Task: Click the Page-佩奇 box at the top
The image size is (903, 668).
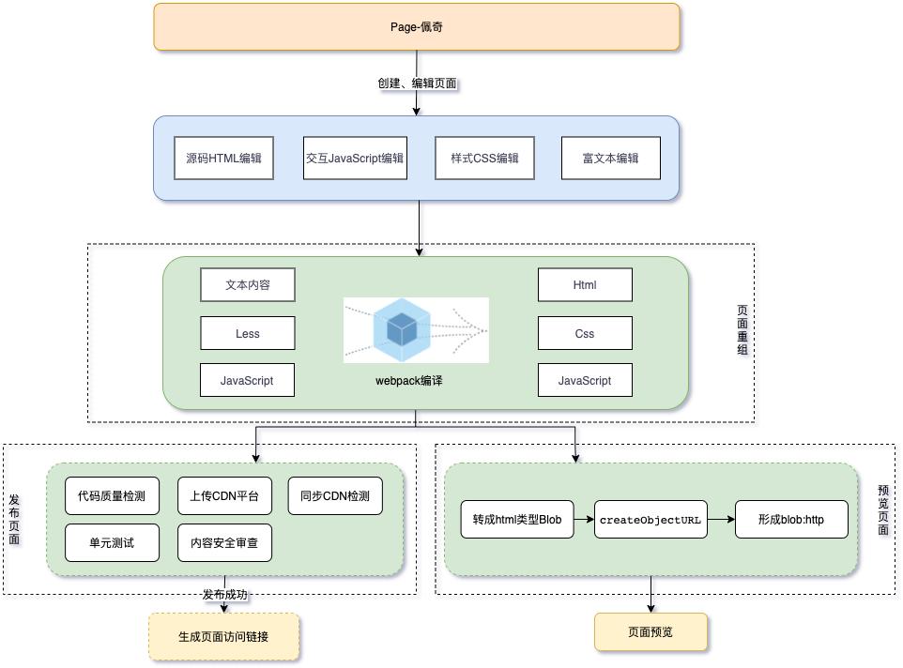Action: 416,26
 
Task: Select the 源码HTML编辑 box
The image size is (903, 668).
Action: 223,159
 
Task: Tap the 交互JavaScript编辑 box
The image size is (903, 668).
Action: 354,159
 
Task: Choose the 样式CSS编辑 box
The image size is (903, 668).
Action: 484,159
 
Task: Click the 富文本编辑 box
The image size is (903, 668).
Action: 610,159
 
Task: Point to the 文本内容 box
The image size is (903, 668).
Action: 248,285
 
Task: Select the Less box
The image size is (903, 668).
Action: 248,333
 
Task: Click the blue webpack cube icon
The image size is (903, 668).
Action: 403,329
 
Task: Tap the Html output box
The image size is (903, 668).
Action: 585,285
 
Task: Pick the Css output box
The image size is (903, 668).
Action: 585,333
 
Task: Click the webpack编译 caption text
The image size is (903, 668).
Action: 408,381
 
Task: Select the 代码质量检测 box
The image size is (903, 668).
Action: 112,496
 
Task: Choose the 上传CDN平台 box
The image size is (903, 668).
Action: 224,496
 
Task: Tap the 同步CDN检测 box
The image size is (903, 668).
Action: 335,496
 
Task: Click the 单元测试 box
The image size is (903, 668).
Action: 112,542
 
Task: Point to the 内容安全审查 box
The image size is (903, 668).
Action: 224,542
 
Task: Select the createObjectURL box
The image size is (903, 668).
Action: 650,519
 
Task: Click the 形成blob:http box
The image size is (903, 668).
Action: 791,519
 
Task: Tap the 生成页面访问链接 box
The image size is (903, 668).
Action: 223,637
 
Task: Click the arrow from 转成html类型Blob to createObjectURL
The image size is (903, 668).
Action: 584,519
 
